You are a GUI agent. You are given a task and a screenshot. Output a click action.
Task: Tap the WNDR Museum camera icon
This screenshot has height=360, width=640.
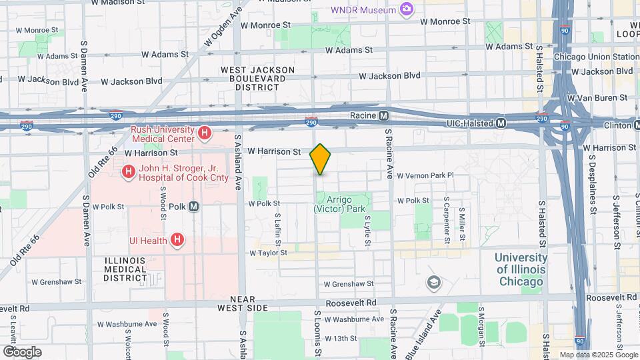[x=405, y=9]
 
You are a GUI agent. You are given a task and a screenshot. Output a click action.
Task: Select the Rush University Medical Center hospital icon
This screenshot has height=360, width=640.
[x=205, y=133]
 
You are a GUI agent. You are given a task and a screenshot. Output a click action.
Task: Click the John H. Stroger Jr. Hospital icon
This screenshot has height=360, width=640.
[x=127, y=173]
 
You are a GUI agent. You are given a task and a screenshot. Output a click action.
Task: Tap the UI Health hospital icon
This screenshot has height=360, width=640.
[x=177, y=239]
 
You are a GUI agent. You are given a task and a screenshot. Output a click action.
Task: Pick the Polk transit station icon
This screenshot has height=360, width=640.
[x=194, y=206]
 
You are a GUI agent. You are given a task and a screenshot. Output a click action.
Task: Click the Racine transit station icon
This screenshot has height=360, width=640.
[x=384, y=116]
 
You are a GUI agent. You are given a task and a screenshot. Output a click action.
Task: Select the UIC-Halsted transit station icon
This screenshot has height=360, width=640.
[x=501, y=123]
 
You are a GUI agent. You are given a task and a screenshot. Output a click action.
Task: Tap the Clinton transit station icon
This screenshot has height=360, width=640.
[x=633, y=125]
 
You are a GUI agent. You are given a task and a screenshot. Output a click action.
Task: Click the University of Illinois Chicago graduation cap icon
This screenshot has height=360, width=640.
[x=434, y=283]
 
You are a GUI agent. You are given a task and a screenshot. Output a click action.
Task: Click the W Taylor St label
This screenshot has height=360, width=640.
[x=268, y=253]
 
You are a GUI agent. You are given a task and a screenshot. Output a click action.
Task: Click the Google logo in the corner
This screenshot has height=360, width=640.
[x=22, y=351]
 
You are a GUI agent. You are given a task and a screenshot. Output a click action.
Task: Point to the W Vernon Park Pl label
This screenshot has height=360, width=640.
[x=425, y=176]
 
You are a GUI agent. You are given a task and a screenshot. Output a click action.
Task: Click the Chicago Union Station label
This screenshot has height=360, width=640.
[x=595, y=57]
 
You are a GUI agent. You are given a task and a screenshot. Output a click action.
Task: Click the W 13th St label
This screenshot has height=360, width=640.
[x=340, y=339]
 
